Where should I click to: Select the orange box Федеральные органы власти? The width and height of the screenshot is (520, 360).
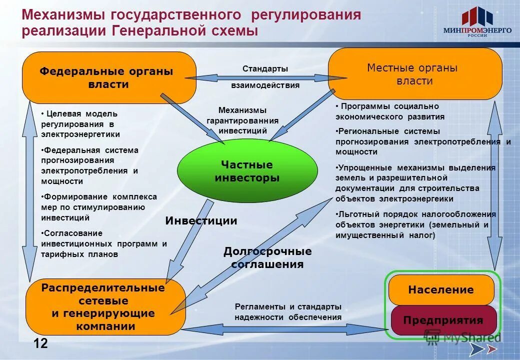[x=108, y=77]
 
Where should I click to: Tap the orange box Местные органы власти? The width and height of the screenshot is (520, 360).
[x=414, y=74]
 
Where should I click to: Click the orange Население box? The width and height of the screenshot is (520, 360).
[x=440, y=290]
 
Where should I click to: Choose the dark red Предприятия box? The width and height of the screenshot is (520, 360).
[x=443, y=320]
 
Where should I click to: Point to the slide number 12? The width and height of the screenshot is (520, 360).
[x=41, y=343]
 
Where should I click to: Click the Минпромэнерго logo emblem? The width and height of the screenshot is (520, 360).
[x=477, y=16]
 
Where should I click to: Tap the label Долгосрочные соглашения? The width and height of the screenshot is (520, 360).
[x=267, y=257]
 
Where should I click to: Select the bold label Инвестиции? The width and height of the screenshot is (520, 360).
[x=201, y=220]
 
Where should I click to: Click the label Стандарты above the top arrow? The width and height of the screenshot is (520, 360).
[x=265, y=68]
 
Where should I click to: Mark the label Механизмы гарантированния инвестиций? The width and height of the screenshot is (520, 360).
[x=242, y=120]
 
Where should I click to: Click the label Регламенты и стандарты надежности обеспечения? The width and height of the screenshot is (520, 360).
[x=288, y=311]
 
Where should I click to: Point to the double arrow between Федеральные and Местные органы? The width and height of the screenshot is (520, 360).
[x=265, y=77]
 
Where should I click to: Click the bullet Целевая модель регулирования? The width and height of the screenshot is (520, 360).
[x=80, y=124]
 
